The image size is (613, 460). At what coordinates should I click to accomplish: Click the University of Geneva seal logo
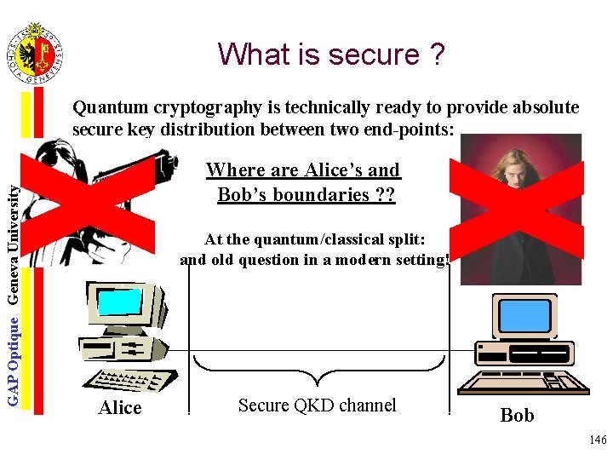(x=35, y=53)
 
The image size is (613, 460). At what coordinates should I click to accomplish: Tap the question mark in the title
(x=437, y=54)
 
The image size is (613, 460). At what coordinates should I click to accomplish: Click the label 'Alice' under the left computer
(x=120, y=408)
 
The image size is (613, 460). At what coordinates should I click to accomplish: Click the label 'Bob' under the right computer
(x=517, y=416)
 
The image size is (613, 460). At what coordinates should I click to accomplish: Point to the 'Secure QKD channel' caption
(x=317, y=405)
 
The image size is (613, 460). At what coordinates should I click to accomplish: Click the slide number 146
(x=597, y=440)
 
